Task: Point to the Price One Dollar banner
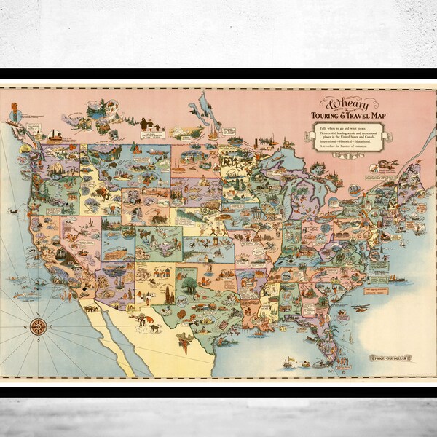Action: click(391, 358)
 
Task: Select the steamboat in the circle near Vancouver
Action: click(56, 135)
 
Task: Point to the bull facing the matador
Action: click(155, 327)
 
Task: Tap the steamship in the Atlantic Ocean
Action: click(397, 277)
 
